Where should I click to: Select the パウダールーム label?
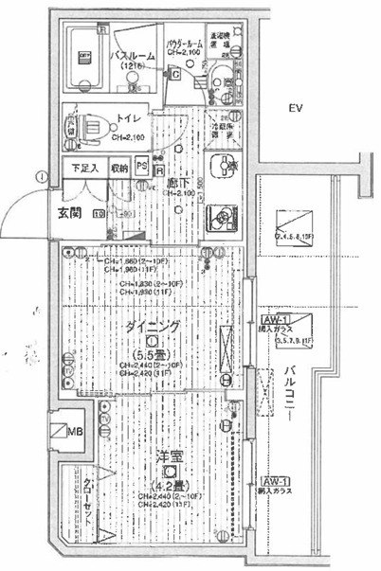[186, 44]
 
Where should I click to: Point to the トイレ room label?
[128, 120]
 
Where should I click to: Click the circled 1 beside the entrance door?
[41, 175]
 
